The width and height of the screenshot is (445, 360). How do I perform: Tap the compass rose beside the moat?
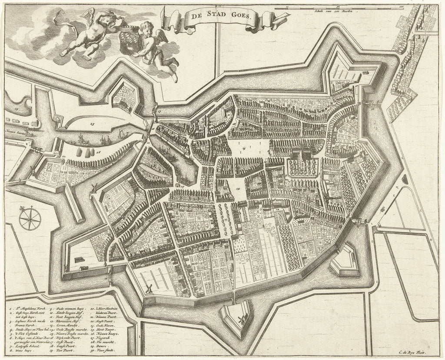[x=30, y=219]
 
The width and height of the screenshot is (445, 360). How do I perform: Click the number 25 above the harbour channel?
[x=92, y=124]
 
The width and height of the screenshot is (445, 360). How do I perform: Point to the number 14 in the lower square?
[x=238, y=190]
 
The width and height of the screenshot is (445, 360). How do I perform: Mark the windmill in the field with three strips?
[x=148, y=289]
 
